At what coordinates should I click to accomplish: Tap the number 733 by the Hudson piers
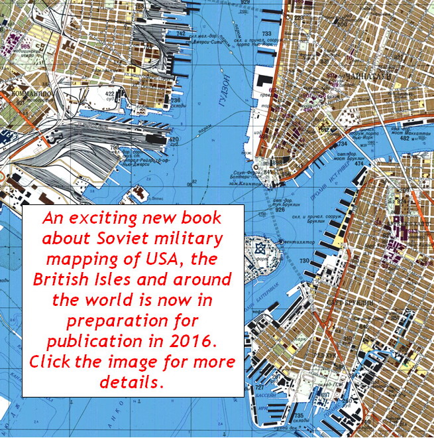tap(266, 33)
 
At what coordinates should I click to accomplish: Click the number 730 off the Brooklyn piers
tap(304, 261)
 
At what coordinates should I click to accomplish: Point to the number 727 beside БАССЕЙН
tap(260, 387)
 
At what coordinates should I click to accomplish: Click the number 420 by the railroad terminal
tap(174, 139)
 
